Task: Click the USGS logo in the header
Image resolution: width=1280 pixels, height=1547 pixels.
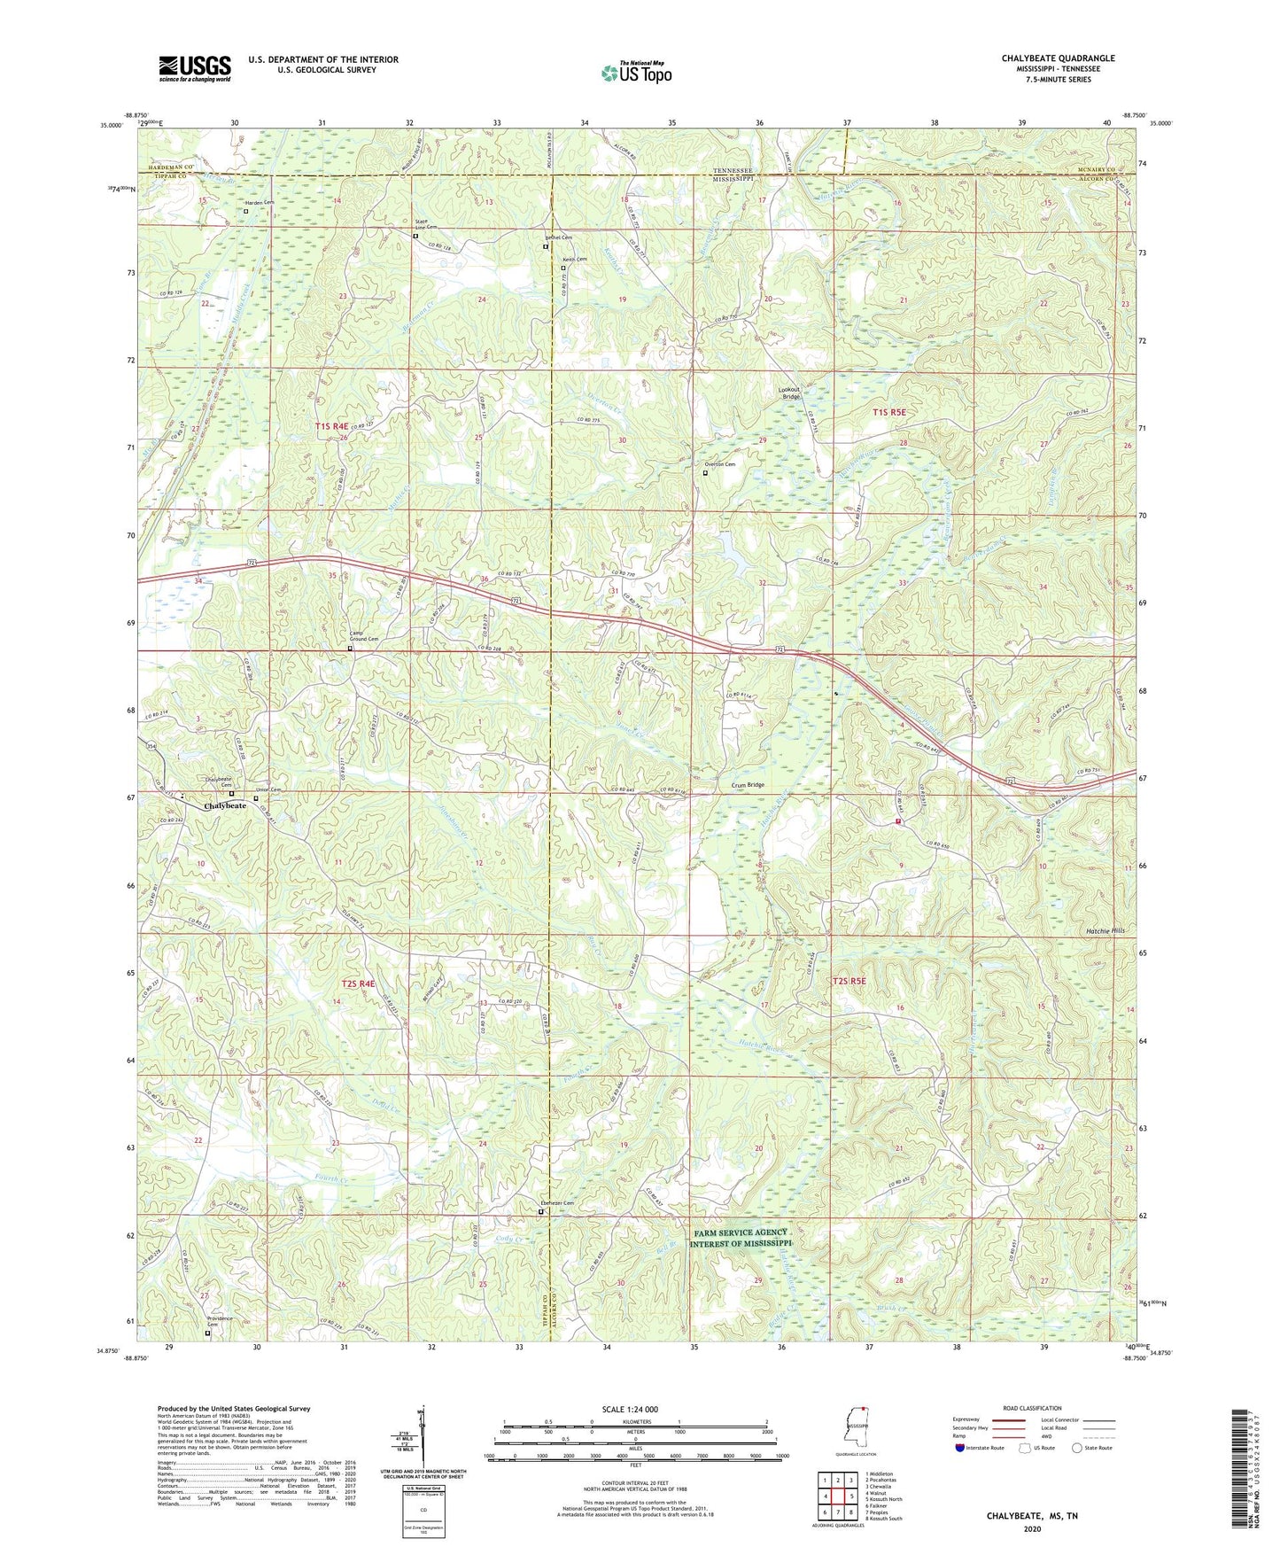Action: click(x=195, y=68)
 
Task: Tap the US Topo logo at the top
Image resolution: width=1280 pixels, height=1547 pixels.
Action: click(x=635, y=74)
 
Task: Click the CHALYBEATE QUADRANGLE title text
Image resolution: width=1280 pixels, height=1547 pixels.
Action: click(x=1058, y=58)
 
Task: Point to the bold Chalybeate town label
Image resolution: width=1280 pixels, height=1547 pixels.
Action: click(x=225, y=806)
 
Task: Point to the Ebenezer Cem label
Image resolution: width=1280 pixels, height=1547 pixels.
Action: click(x=557, y=1203)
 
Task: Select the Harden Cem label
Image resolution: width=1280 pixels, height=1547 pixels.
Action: click(x=260, y=203)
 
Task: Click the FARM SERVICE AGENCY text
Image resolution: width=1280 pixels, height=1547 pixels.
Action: click(x=741, y=1232)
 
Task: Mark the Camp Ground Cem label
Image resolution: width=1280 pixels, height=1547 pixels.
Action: click(x=363, y=636)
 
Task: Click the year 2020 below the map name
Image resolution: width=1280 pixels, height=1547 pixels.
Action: click(x=1032, y=1528)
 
